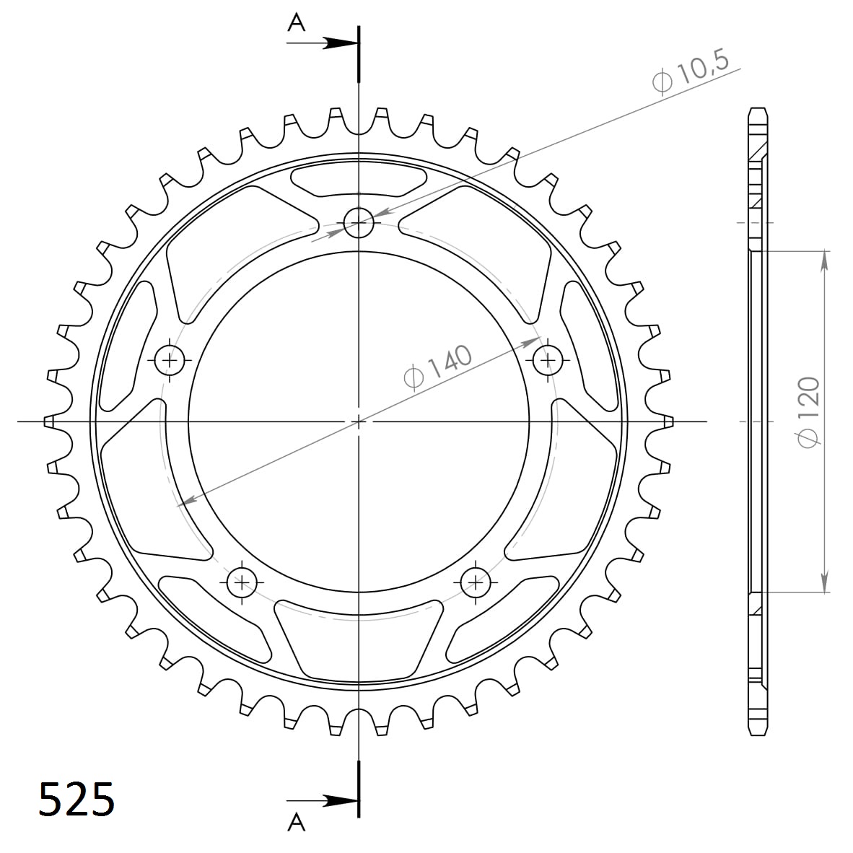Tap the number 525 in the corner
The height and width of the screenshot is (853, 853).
(76, 799)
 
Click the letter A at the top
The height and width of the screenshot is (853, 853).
(297, 24)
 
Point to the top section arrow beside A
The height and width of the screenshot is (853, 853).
(335, 43)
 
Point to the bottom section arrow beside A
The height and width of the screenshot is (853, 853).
(335, 800)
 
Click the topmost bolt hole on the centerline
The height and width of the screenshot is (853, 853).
(359, 222)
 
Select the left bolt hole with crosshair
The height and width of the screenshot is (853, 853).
(171, 358)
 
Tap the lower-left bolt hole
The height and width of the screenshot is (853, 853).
(242, 581)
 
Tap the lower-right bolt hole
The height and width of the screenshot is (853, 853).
(476, 581)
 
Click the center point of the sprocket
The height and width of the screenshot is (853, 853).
(359, 421)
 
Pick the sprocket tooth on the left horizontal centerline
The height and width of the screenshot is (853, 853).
(50, 421)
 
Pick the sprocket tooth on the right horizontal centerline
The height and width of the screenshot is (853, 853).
(668, 421)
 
